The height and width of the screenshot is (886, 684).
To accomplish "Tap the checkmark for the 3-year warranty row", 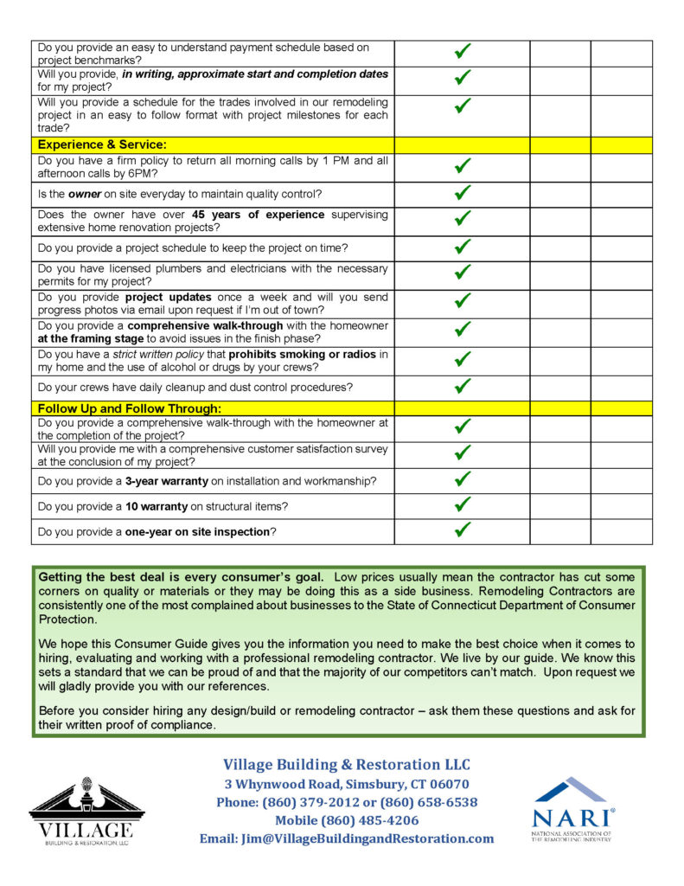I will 462,479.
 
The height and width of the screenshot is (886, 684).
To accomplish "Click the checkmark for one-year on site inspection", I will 462,530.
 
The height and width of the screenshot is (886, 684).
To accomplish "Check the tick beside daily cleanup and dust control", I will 462,386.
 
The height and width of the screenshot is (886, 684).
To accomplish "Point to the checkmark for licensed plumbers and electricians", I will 462,274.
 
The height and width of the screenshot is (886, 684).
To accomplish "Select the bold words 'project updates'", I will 178,297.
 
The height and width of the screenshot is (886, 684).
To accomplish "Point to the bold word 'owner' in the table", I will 85,194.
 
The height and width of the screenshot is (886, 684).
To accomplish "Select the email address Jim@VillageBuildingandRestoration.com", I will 347,838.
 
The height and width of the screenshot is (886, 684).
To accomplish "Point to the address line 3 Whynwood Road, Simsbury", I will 347,784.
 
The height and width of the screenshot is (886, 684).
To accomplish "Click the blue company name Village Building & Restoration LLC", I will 347,765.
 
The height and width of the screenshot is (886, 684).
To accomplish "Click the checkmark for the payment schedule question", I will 462,53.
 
